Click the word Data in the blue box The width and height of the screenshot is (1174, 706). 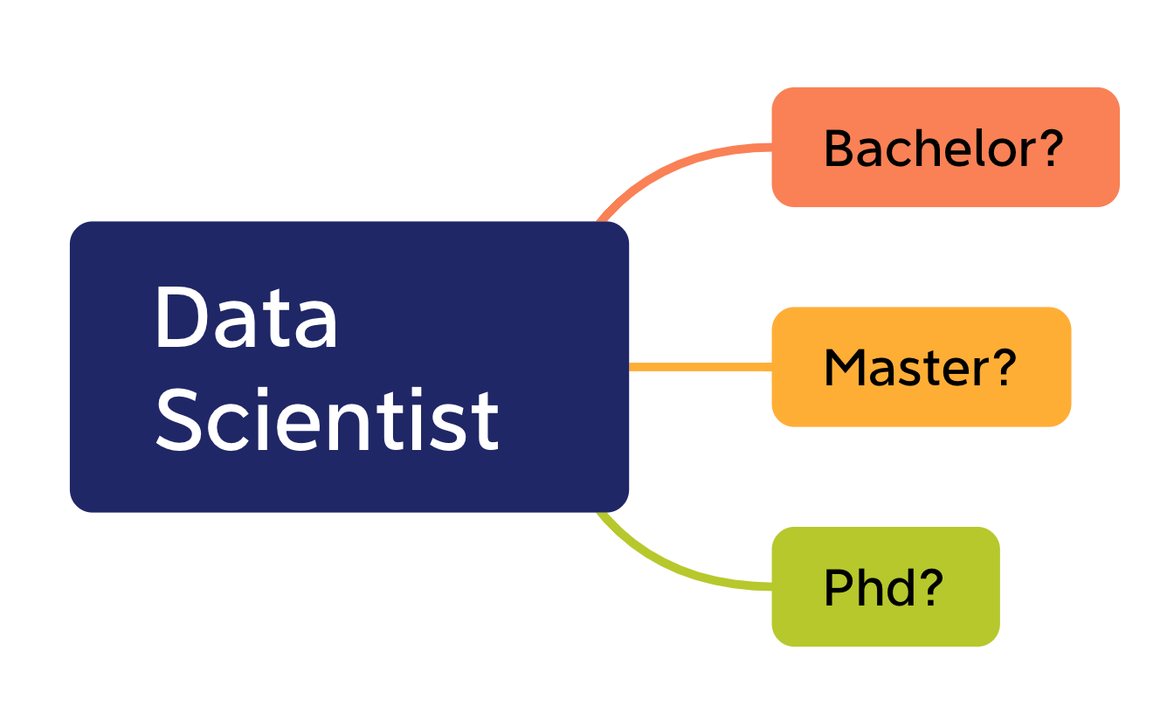[245, 318]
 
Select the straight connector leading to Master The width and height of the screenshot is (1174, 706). [700, 367]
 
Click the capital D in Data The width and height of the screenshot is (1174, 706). [181, 318]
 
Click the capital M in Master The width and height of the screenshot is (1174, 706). [843, 368]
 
